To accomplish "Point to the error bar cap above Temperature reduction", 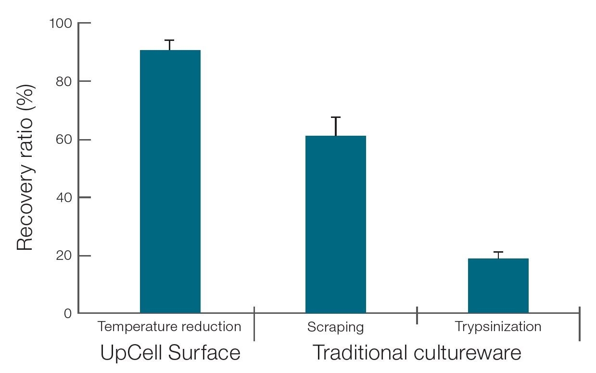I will [170, 40].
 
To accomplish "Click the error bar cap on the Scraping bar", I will [335, 117].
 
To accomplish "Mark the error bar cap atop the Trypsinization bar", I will [498, 252].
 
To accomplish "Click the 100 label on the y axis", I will [61, 23].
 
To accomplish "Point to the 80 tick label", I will [64, 81].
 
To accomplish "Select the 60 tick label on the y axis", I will [64, 140].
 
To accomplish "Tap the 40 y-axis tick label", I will [64, 197].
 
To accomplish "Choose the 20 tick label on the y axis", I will [64, 256].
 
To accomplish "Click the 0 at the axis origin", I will [68, 314].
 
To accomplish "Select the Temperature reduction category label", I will [169, 327].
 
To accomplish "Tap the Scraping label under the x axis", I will [335, 327].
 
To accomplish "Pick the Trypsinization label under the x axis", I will [498, 327].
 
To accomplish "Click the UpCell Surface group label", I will [170, 353].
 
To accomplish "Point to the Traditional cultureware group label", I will [417, 353].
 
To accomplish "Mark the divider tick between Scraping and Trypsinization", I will [417, 315].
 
